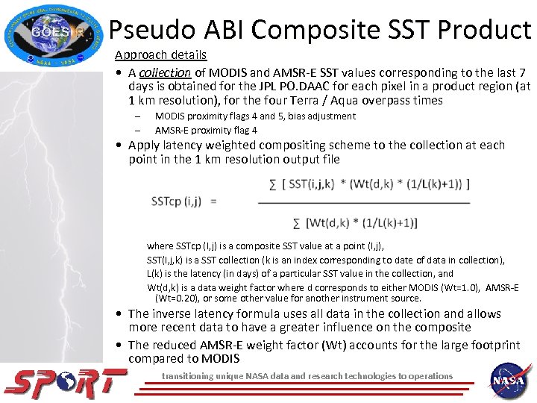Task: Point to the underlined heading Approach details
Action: point(160,55)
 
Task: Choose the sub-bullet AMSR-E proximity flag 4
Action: point(206,130)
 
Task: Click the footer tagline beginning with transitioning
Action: point(307,375)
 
